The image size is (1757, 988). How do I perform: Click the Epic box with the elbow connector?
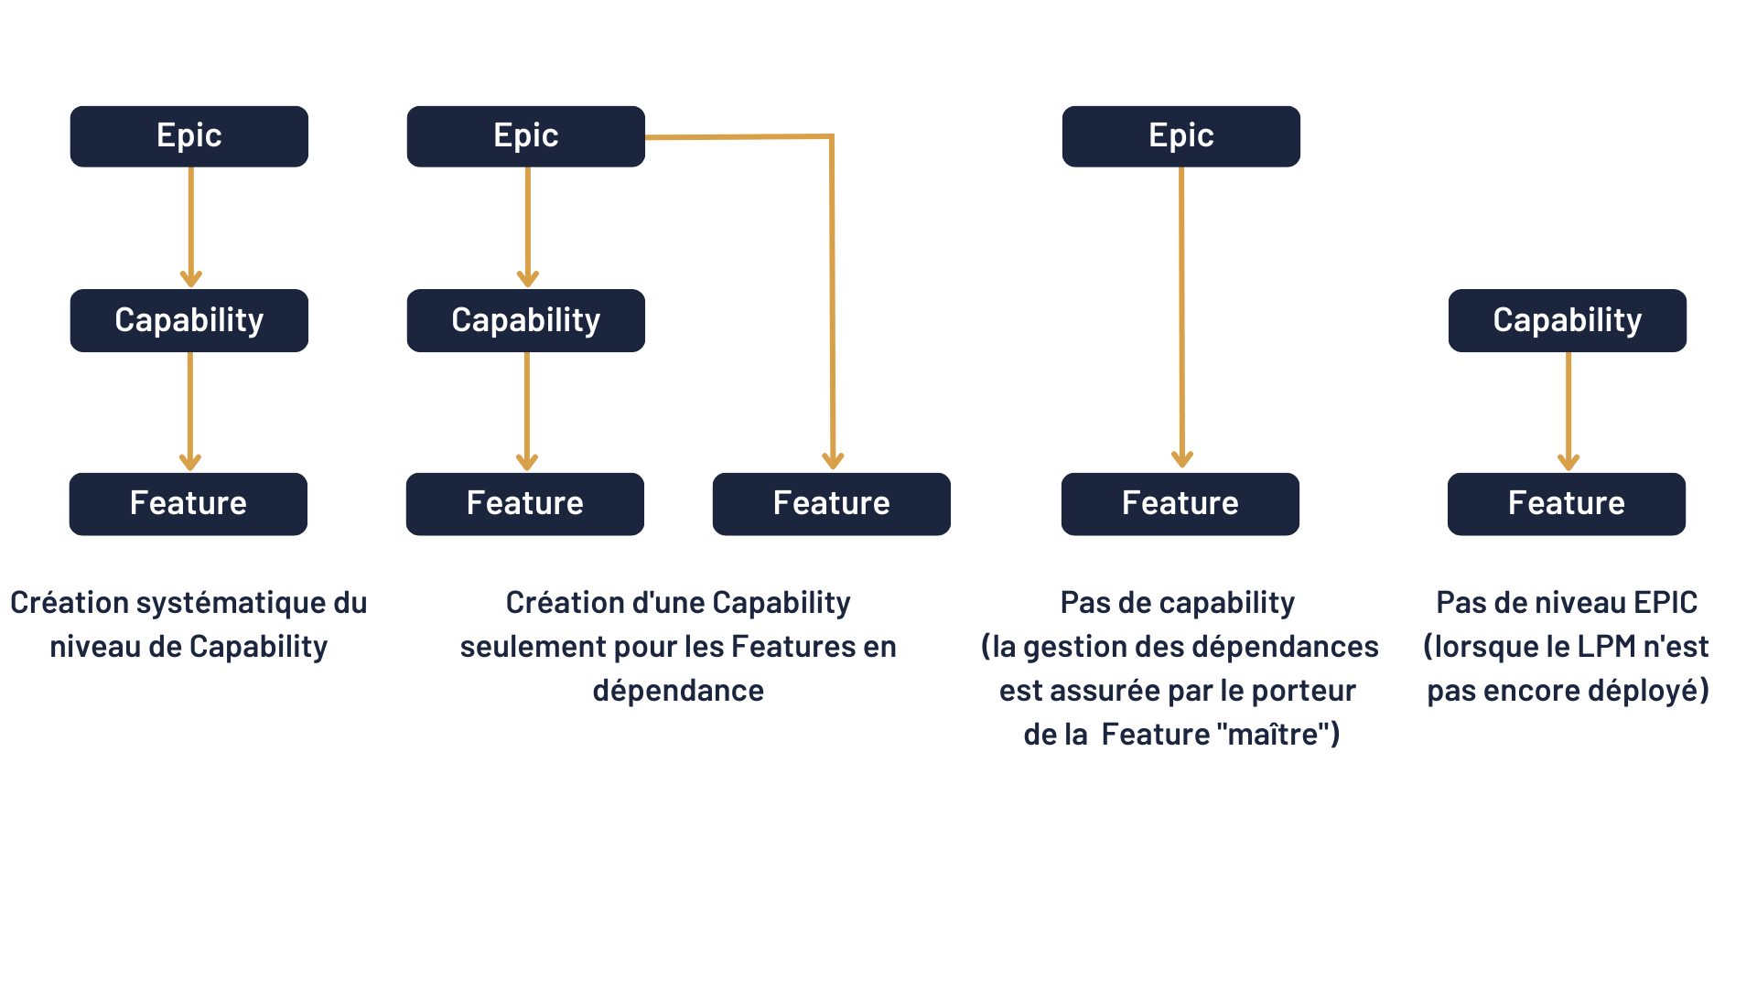(526, 136)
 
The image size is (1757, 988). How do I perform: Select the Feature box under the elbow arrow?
(832, 504)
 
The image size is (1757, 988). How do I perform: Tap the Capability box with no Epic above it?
(1568, 320)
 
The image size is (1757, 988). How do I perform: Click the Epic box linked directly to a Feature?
(1181, 136)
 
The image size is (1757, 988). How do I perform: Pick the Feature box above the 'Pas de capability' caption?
(1180, 504)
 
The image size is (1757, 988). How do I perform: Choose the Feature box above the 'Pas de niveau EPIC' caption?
(1567, 504)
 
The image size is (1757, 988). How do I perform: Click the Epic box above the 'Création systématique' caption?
(189, 136)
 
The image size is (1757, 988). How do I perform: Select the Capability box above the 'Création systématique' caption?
(189, 320)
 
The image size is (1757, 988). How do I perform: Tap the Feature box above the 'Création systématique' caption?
(189, 504)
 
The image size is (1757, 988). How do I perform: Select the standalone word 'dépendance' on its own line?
(678, 692)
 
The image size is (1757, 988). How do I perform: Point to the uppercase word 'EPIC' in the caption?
(1665, 603)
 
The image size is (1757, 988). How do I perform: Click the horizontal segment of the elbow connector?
(738, 137)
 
